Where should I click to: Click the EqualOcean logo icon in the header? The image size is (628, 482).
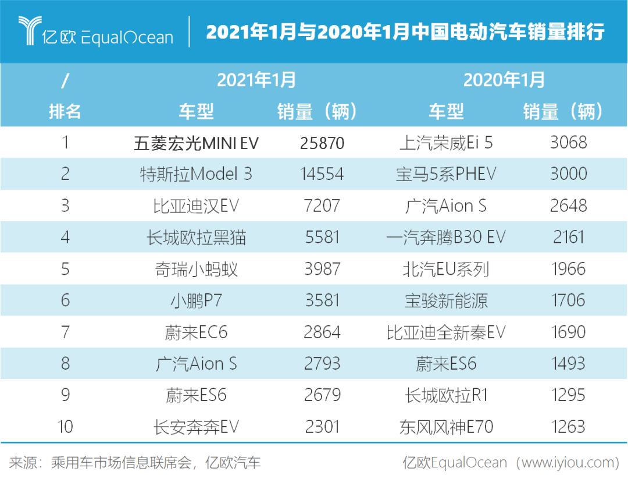pos(29,30)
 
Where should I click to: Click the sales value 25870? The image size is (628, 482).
pos(322,143)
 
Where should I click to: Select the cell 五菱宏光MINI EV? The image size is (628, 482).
pos(196,143)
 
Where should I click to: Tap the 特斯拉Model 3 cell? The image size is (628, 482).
pos(196,174)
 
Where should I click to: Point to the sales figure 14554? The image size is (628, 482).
pos(322,174)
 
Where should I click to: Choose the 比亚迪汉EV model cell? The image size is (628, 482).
pos(196,206)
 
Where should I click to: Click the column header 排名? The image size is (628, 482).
pos(65,111)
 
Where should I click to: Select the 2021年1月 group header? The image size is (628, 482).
pos(256,79)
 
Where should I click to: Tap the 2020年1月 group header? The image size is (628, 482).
pos(504,79)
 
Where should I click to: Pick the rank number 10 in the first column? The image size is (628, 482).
pos(65,427)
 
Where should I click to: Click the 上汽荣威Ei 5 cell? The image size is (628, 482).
pos(446,143)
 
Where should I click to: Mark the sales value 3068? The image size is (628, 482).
pos(568,143)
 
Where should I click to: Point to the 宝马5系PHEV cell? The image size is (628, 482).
pos(446,174)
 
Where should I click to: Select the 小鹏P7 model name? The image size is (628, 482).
pos(196,300)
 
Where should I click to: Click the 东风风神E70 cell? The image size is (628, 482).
pos(446,427)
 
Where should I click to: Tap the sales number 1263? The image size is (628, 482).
pos(568,427)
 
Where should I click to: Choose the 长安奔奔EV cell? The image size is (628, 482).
pos(196,427)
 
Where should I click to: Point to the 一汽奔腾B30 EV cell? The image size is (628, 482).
pos(446,238)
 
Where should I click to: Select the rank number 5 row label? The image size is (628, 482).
pos(65,269)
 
